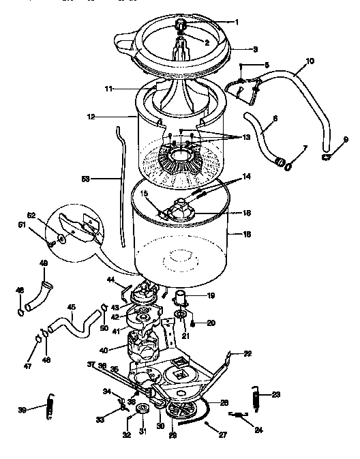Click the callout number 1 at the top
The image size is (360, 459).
coord(237,22)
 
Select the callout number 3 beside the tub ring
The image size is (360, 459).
coord(237,49)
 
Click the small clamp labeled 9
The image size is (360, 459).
coord(327,158)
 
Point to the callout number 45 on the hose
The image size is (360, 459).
coord(70,307)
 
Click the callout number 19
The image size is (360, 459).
coord(211,295)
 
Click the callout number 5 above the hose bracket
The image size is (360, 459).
coord(267,65)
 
